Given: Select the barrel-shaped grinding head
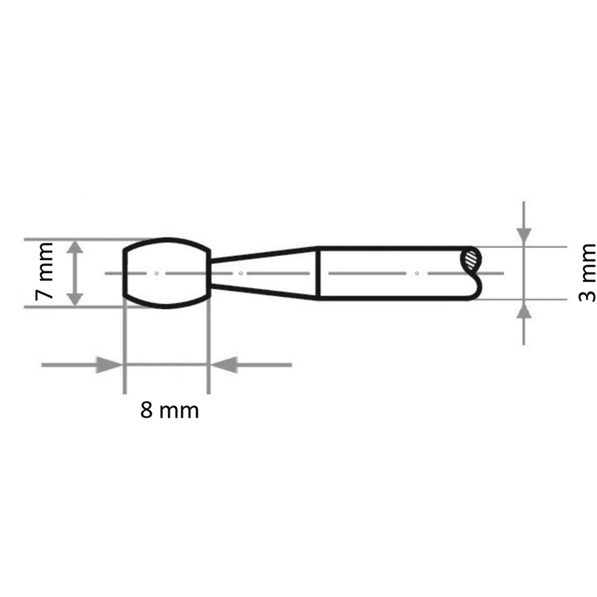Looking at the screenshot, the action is [167, 273].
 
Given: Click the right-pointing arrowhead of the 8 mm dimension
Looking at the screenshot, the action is [108, 365].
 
